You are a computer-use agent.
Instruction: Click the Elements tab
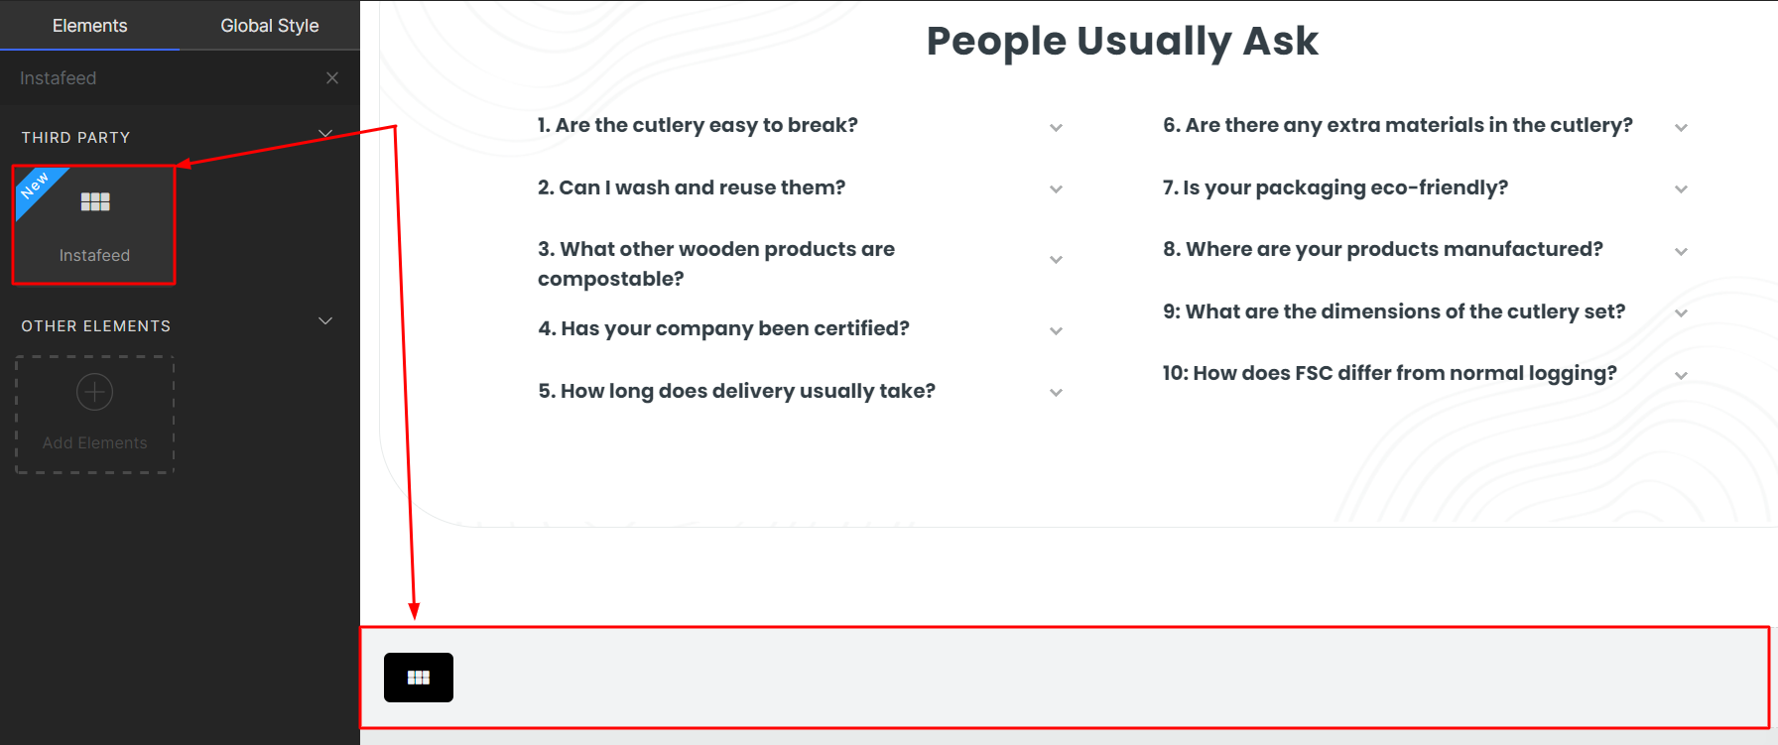[x=89, y=26]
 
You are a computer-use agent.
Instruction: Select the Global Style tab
[x=270, y=26]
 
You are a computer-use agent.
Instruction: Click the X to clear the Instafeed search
[x=332, y=77]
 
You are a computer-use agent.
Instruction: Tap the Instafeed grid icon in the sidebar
[x=95, y=202]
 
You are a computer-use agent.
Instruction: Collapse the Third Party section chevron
[x=325, y=133]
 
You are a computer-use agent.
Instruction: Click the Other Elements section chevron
[x=325, y=321]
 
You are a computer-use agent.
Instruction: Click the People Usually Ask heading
[x=1122, y=41]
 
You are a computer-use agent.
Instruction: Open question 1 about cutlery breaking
[x=698, y=125]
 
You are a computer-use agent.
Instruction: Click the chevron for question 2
[x=1057, y=189]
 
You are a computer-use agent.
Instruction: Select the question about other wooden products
[x=716, y=264]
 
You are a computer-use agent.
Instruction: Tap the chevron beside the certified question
[x=1057, y=331]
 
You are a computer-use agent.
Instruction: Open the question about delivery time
[x=737, y=391]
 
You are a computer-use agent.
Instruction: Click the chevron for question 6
[x=1682, y=128]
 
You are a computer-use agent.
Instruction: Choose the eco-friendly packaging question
[x=1335, y=187]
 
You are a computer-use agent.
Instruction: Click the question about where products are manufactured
[x=1383, y=249]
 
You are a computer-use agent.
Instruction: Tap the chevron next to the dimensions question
[x=1682, y=313]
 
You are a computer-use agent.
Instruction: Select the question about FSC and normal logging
[x=1390, y=373]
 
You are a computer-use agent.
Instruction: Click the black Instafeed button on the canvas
[x=419, y=678]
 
